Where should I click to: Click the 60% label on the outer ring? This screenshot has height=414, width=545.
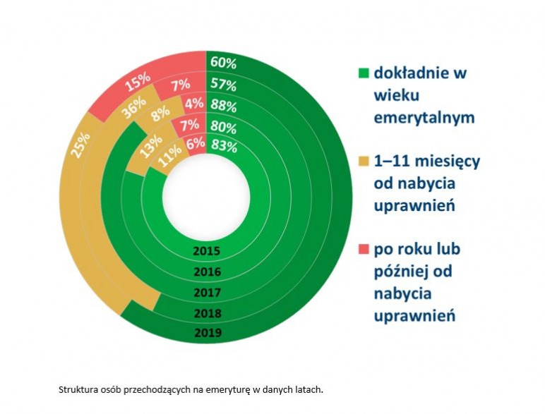click(x=223, y=63)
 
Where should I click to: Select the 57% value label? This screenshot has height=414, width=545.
click(x=223, y=85)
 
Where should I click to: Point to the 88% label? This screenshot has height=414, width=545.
click(x=223, y=106)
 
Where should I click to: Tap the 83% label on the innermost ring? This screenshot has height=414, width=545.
click(x=224, y=146)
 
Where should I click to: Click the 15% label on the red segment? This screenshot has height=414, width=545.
click(x=138, y=83)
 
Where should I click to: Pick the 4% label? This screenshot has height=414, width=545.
click(x=194, y=103)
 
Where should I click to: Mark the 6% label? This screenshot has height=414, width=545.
click(x=196, y=143)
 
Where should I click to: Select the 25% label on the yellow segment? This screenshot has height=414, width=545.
click(x=81, y=145)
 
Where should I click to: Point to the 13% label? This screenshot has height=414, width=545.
click(x=151, y=146)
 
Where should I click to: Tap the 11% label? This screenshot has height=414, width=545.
click(x=169, y=156)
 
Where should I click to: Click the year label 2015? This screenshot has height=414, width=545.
click(x=207, y=251)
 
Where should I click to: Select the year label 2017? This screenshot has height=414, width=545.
click(x=208, y=293)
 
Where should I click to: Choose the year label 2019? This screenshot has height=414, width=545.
click(x=208, y=333)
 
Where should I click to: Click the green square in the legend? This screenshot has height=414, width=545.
click(x=364, y=73)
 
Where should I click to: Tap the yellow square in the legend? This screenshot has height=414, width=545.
click(x=364, y=161)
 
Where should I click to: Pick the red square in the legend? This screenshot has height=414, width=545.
click(x=364, y=249)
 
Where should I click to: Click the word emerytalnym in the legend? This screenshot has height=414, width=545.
click(x=424, y=117)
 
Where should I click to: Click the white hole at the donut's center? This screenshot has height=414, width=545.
click(x=206, y=197)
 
